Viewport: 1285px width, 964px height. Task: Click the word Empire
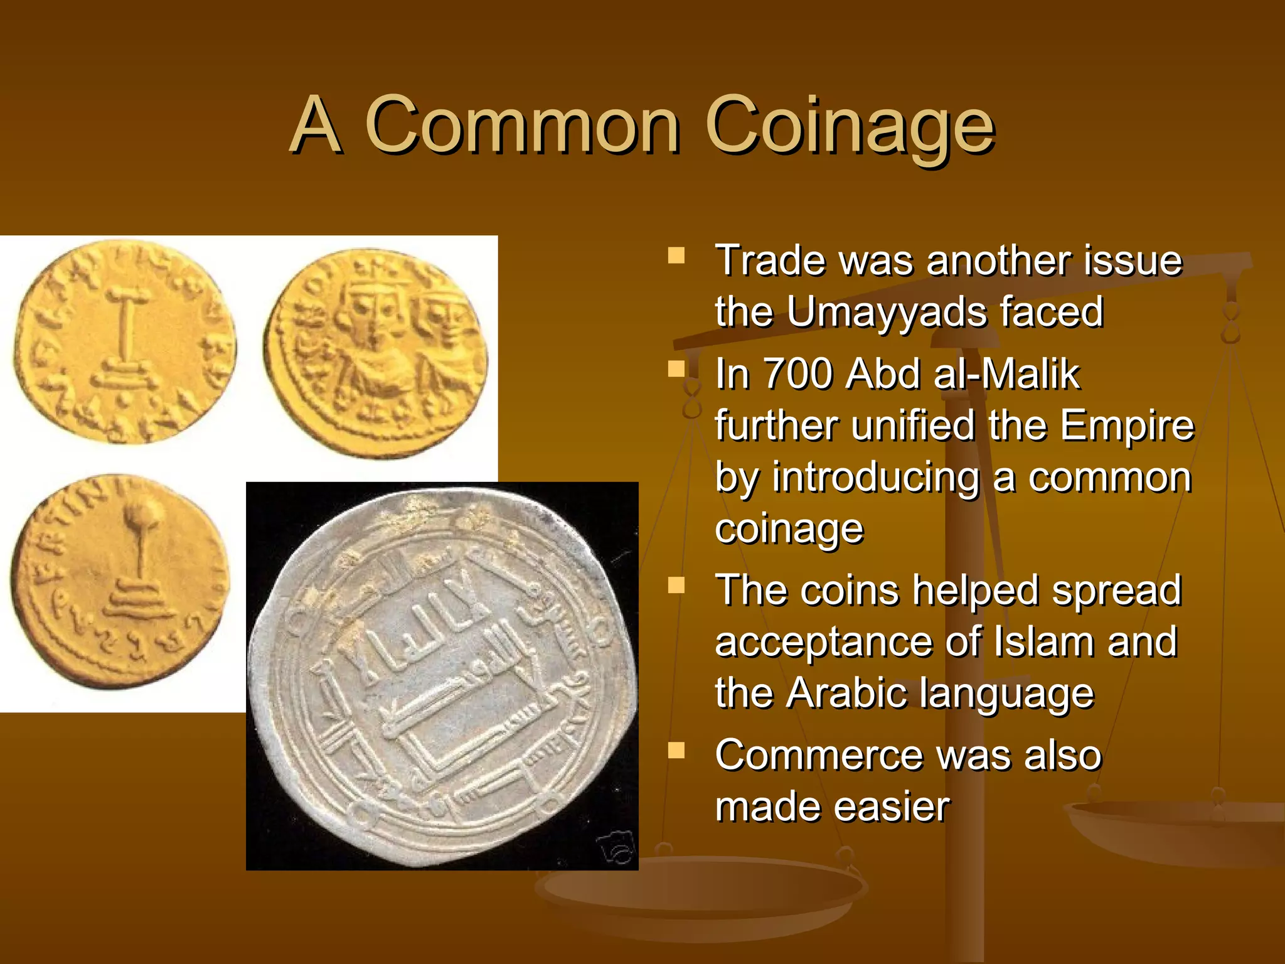point(1127,426)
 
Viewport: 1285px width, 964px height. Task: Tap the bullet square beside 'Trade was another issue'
point(676,256)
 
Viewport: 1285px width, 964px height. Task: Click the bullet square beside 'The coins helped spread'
point(676,586)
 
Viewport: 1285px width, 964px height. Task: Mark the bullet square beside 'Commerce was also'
point(676,751)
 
